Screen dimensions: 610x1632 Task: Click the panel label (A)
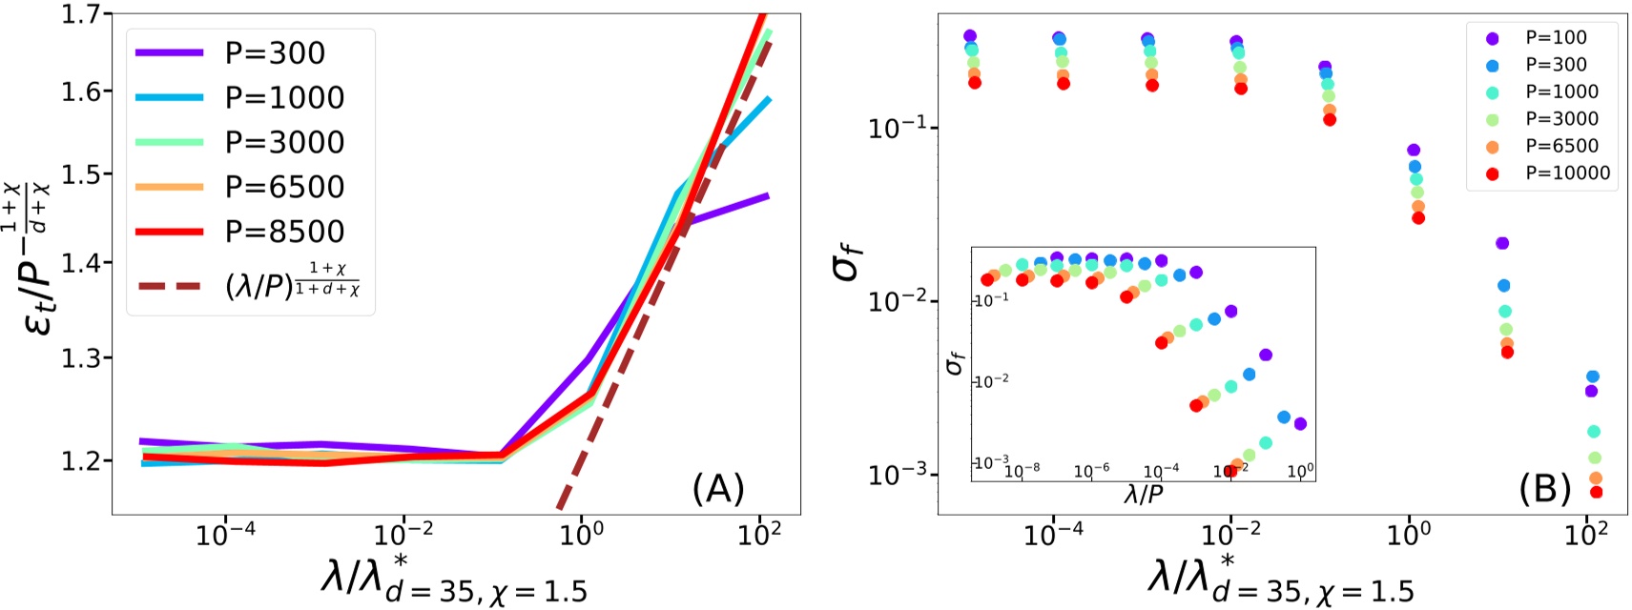coord(717,489)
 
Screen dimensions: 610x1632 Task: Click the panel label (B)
coord(1544,489)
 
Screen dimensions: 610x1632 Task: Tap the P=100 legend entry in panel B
coord(1556,38)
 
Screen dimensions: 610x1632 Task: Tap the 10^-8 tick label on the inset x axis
coord(1022,471)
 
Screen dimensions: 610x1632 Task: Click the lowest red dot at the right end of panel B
coord(1596,492)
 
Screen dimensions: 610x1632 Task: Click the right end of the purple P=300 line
coord(768,196)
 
